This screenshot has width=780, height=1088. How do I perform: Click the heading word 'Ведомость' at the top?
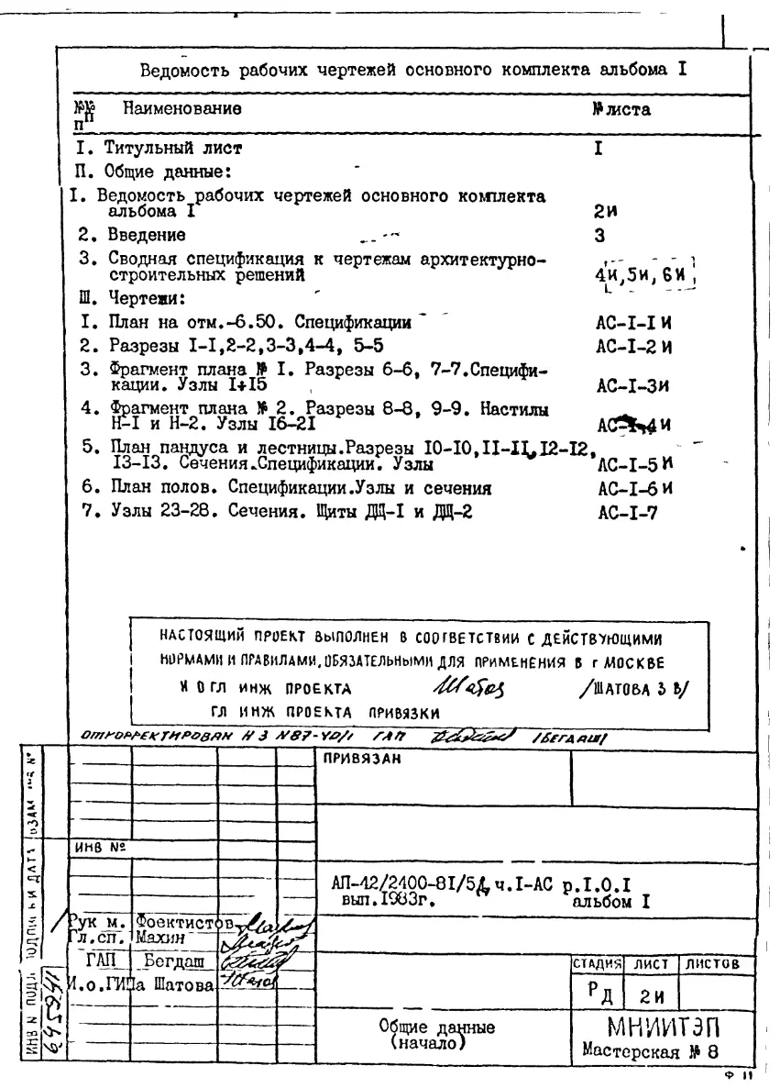(183, 71)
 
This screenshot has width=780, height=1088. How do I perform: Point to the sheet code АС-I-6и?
(629, 487)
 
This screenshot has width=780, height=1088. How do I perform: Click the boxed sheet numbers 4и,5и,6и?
(641, 274)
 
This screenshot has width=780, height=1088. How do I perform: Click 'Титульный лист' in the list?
(173, 147)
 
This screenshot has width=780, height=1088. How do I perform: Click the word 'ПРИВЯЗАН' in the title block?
(354, 759)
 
